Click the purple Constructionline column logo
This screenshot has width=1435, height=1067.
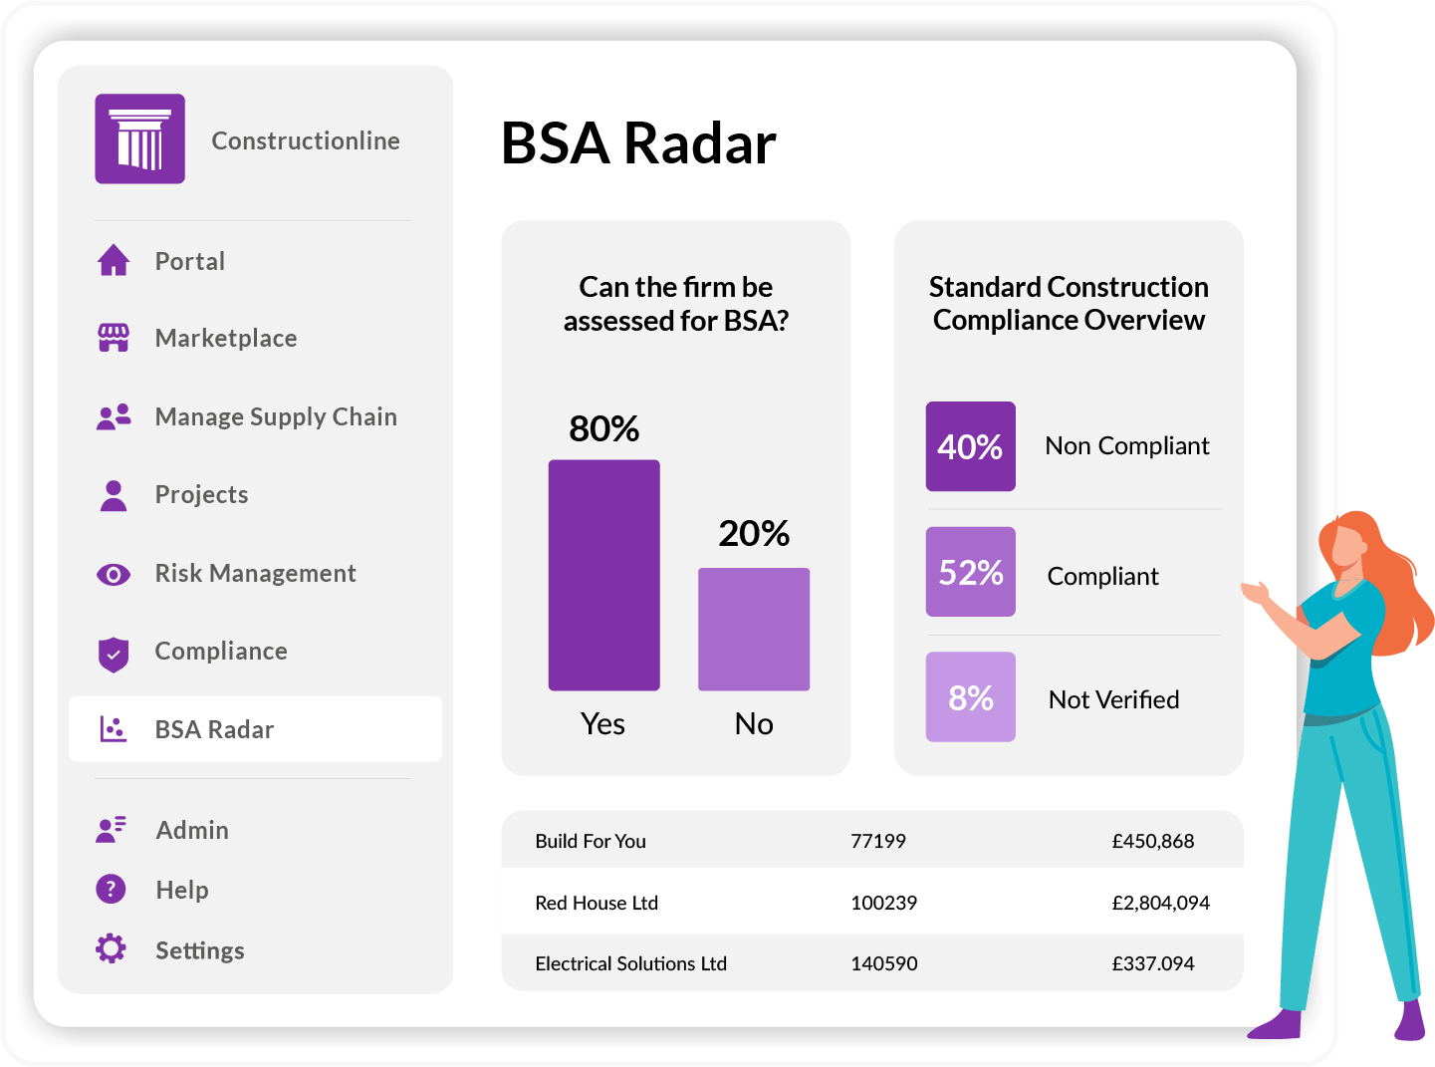pos(139,138)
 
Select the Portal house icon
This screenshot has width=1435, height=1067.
pos(114,260)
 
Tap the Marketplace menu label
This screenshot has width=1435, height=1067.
pos(226,338)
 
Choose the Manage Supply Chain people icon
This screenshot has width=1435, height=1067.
pos(114,417)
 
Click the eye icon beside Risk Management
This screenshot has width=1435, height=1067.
pos(114,574)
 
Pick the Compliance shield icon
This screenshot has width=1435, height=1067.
pos(114,655)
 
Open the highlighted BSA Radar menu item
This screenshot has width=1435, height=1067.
pos(255,729)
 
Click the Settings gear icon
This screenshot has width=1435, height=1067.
pos(111,948)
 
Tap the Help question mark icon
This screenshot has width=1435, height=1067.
pos(111,889)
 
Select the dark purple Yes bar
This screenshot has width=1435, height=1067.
pos(603,575)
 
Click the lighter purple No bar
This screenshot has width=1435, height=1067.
pos(754,630)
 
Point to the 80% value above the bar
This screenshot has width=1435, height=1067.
pos(603,428)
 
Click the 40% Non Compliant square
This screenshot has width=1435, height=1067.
pos(971,446)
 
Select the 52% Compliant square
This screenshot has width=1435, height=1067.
pos(971,572)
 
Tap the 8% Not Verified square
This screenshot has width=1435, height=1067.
pos(971,696)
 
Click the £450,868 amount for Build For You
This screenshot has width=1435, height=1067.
pos(1153,841)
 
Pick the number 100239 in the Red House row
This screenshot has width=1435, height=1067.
pos(883,903)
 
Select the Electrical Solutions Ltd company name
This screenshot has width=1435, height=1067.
pos(630,963)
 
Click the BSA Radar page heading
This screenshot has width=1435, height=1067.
pos(638,143)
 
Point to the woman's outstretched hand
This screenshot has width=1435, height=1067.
pos(1255,592)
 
